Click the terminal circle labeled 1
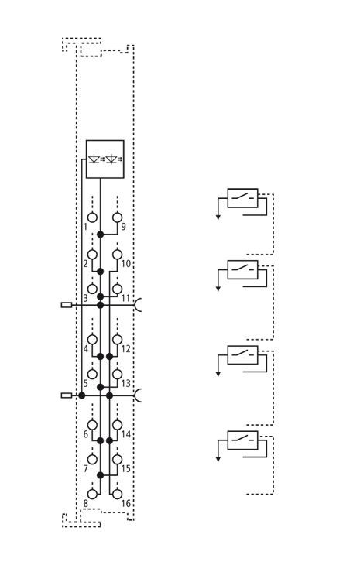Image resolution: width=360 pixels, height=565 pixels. [93, 217]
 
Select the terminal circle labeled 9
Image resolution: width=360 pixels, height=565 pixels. [117, 217]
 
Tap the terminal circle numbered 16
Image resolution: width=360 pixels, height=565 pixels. [117, 494]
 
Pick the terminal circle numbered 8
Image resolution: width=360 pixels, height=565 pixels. [93, 494]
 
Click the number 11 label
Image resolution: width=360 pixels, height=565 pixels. [125, 298]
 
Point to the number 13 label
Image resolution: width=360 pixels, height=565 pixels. [125, 383]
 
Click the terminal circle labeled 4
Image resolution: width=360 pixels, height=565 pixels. [93, 340]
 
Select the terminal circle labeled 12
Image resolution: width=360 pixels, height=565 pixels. [117, 340]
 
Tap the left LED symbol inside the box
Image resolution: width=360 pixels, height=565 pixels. [95, 159]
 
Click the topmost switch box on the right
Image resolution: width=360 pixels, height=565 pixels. [242, 198]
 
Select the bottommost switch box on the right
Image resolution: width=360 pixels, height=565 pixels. [242, 440]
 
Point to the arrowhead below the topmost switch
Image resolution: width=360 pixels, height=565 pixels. [218, 217]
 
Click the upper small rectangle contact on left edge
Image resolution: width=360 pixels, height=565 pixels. [67, 305]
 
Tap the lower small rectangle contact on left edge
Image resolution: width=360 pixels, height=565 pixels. [67, 395]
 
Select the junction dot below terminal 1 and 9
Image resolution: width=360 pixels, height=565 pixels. [101, 235]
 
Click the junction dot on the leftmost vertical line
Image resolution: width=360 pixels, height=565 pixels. [82, 395]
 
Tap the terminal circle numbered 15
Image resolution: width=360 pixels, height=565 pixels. [117, 460]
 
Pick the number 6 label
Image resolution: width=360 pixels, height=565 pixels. [86, 434]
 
